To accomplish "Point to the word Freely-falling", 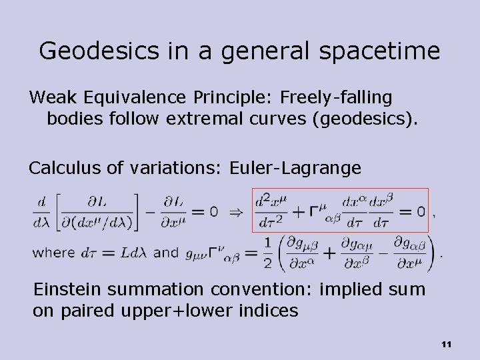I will click(x=336, y=97).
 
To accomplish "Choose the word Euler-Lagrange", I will click(x=295, y=168).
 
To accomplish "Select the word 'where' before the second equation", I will click(x=53, y=253).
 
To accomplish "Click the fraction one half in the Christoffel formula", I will click(x=267, y=253).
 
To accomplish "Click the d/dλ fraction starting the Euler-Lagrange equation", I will click(x=43, y=211).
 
